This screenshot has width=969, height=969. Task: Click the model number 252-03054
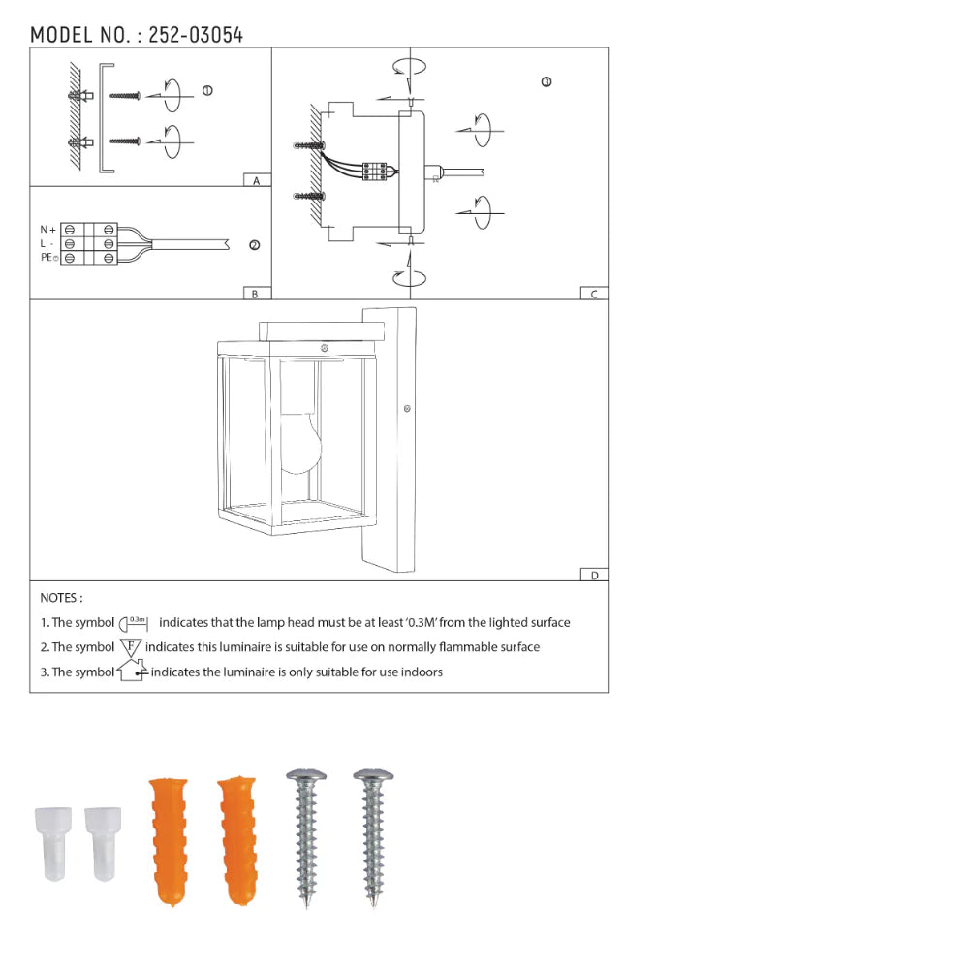(195, 36)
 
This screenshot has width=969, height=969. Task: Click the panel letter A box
(256, 180)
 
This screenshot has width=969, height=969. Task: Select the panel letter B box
(256, 294)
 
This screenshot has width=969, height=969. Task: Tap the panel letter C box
(594, 294)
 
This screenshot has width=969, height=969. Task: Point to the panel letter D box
(594, 575)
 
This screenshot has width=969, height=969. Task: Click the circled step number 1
(206, 91)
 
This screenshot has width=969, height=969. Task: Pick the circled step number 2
(254, 245)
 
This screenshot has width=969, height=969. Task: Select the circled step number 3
(547, 82)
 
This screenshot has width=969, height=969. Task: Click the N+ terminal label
(47, 230)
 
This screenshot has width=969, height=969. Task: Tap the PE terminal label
(48, 259)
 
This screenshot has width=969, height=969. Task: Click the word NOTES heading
(61, 599)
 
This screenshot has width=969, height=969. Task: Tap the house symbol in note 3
(132, 671)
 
